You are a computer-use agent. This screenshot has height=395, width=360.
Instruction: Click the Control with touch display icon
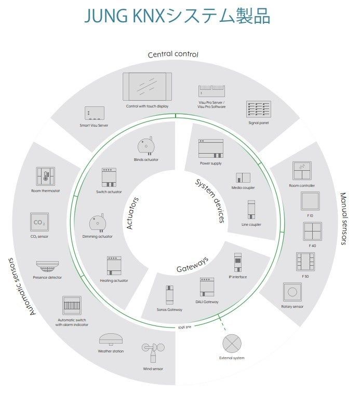point(147,87)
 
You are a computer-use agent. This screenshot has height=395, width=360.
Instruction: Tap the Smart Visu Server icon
point(95,113)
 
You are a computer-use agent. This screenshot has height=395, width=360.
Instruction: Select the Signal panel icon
point(259,110)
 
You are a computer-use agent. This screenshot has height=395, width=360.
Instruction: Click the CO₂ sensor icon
point(39,223)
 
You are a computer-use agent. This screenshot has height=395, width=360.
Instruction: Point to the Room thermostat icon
point(46,176)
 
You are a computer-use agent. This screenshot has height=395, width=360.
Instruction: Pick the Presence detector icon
point(48,265)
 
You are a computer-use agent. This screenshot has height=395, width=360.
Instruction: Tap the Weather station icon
point(111,339)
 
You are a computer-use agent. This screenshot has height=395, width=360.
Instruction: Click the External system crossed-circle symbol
point(232,344)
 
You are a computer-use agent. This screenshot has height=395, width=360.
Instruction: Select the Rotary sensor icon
point(292,292)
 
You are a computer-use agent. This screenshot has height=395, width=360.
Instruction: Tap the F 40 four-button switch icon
point(312,231)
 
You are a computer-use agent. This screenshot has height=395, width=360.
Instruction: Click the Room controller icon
point(302,171)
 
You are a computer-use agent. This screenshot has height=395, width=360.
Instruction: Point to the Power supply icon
point(210,148)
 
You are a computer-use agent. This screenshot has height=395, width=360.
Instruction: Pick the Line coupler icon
point(251,210)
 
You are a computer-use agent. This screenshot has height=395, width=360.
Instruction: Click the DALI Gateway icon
point(207,287)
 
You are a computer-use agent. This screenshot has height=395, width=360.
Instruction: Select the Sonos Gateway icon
point(169,295)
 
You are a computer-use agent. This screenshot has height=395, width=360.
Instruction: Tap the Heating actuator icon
point(114,266)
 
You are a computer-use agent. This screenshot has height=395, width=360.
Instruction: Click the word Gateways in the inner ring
point(193,264)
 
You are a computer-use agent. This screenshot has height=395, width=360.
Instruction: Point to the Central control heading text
point(173,54)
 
